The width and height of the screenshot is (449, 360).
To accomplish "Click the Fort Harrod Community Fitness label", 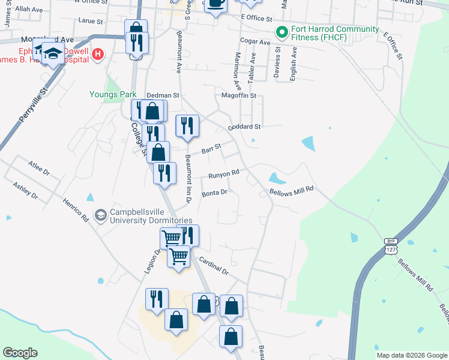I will pos(335,34).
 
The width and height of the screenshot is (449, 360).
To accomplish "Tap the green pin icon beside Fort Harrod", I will pos(280,33).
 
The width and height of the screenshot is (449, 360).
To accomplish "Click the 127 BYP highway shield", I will pos(391,247).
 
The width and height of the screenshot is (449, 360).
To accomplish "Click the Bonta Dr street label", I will pos(214,193).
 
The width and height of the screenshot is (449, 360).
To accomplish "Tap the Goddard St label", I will pos(244,127).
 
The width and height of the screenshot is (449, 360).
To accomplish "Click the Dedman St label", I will pos(163,95).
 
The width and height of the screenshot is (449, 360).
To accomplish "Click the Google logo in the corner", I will pos(20,353).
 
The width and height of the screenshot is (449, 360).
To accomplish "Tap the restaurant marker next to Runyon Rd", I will pos(164,173).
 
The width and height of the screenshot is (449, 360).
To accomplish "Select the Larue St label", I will pos(91,20).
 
